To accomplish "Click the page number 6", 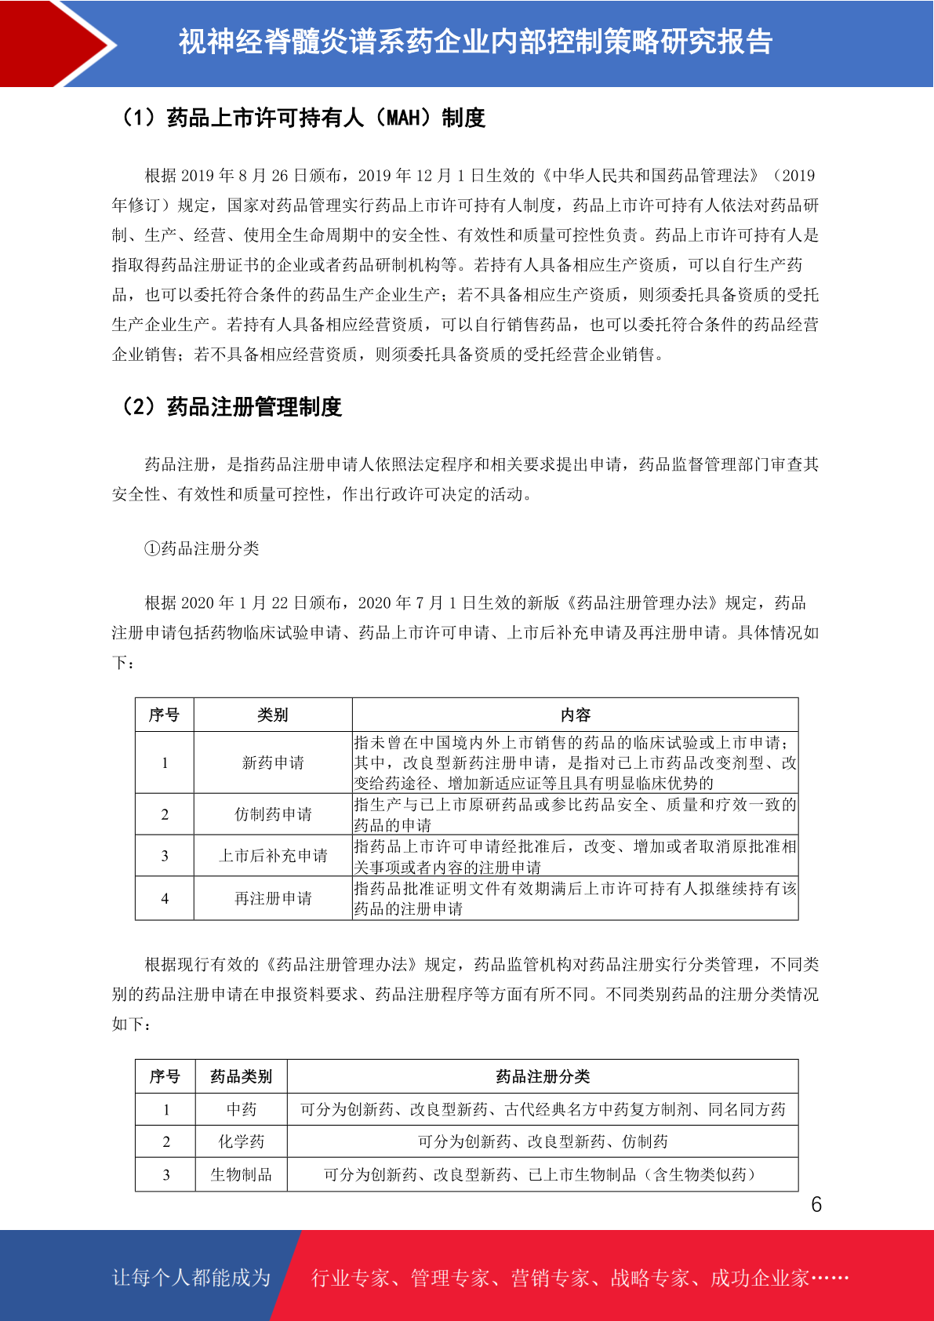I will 816,1205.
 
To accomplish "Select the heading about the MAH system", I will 302,118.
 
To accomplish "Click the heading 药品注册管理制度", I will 231,407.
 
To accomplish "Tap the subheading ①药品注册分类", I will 202,548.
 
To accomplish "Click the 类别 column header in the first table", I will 273,715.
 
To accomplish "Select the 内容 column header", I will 575,715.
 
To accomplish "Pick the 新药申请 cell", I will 273,762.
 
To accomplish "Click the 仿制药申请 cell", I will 273,814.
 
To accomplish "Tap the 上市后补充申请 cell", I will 273,856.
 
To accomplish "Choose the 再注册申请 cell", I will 273,898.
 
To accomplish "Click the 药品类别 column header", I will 241,1076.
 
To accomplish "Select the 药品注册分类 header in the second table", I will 543,1076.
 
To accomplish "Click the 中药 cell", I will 241,1109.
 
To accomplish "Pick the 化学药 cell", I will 241,1141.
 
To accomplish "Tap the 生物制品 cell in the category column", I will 241,1174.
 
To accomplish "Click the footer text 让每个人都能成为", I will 191,1278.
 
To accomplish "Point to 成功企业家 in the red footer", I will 759,1279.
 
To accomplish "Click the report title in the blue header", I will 475,42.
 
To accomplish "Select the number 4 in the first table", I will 165,898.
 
